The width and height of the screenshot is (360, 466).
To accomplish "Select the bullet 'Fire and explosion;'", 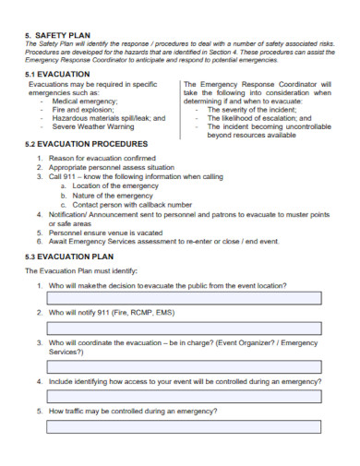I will tap(86, 110).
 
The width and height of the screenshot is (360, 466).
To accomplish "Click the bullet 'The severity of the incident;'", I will tap(253, 110).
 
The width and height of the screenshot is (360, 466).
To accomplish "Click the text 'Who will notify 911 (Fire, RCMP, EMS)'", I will tap(114, 313).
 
